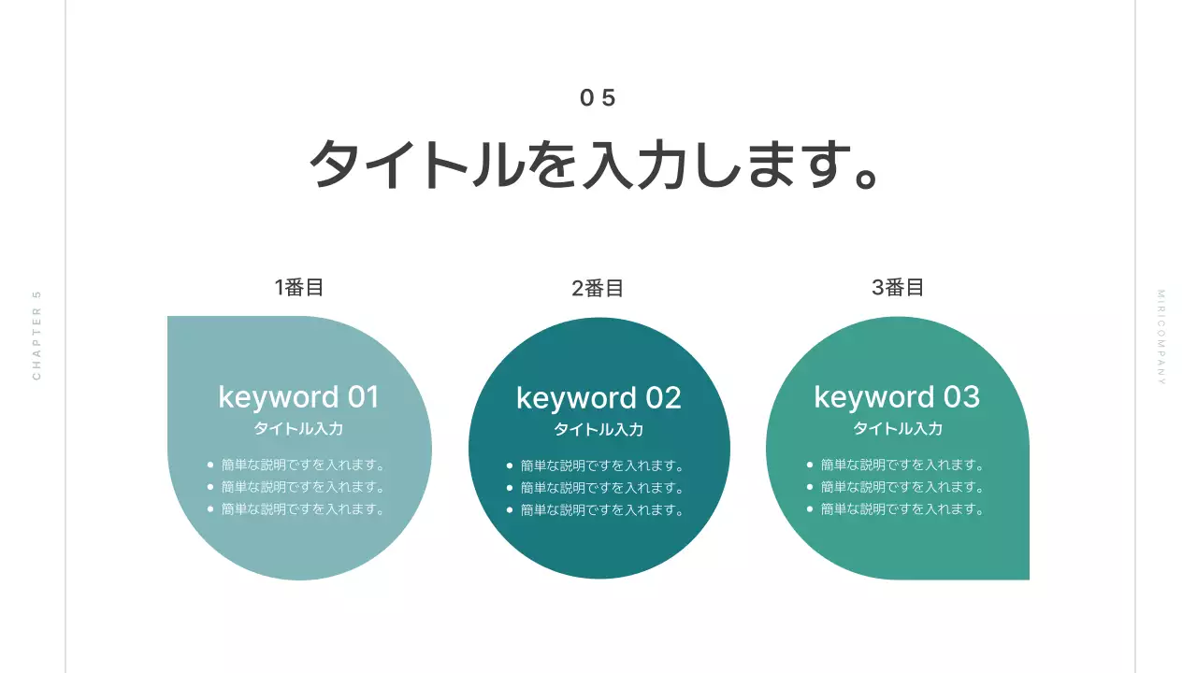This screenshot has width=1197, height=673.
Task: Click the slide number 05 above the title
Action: click(x=598, y=98)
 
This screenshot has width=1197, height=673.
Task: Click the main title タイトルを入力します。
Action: click(x=595, y=165)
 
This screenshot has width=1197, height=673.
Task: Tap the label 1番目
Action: click(x=299, y=288)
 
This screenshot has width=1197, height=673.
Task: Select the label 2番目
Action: click(x=598, y=289)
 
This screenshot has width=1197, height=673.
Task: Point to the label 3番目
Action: click(x=898, y=288)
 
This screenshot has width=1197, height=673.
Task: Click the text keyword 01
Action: click(x=299, y=397)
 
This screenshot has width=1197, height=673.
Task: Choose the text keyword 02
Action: click(x=598, y=398)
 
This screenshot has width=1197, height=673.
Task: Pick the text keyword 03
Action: click(x=897, y=397)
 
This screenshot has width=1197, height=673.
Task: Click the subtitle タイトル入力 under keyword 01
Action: click(x=299, y=429)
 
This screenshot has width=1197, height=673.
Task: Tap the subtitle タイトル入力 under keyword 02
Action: click(x=598, y=430)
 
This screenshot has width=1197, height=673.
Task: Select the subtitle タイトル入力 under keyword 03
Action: click(x=898, y=429)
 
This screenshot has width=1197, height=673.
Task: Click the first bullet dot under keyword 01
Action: click(x=210, y=465)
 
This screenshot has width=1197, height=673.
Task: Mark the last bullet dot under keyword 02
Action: click(x=510, y=510)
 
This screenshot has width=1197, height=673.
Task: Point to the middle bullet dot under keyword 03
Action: click(x=810, y=487)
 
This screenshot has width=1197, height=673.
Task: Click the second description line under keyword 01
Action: click(x=304, y=487)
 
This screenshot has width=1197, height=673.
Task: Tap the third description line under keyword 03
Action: click(x=902, y=509)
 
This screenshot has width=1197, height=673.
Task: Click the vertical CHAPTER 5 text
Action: click(x=37, y=336)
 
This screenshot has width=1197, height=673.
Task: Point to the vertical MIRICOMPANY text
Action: click(x=1161, y=337)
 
